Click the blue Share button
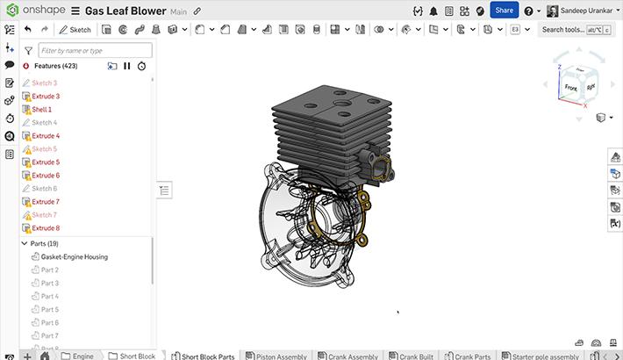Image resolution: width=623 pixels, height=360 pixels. pyautogui.click(x=504, y=10)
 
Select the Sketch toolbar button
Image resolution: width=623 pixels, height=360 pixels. pyautogui.click(x=75, y=29)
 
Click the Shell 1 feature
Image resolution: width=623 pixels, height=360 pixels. pyautogui.click(x=41, y=109)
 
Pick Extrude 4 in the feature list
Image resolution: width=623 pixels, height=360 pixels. pyautogui.click(x=45, y=136)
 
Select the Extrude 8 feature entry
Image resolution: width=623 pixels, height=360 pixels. pyautogui.click(x=45, y=228)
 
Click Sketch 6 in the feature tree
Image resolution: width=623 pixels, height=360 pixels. pyautogui.click(x=44, y=189)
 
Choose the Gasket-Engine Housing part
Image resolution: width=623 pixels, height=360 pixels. pyautogui.click(x=74, y=257)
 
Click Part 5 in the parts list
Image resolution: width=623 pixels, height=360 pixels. pyautogui.click(x=50, y=310)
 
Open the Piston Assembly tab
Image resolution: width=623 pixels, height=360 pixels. pyautogui.click(x=280, y=356)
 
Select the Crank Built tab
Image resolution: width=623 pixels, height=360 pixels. pyautogui.click(x=414, y=356)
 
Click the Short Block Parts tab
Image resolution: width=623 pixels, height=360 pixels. pyautogui.click(x=207, y=356)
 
